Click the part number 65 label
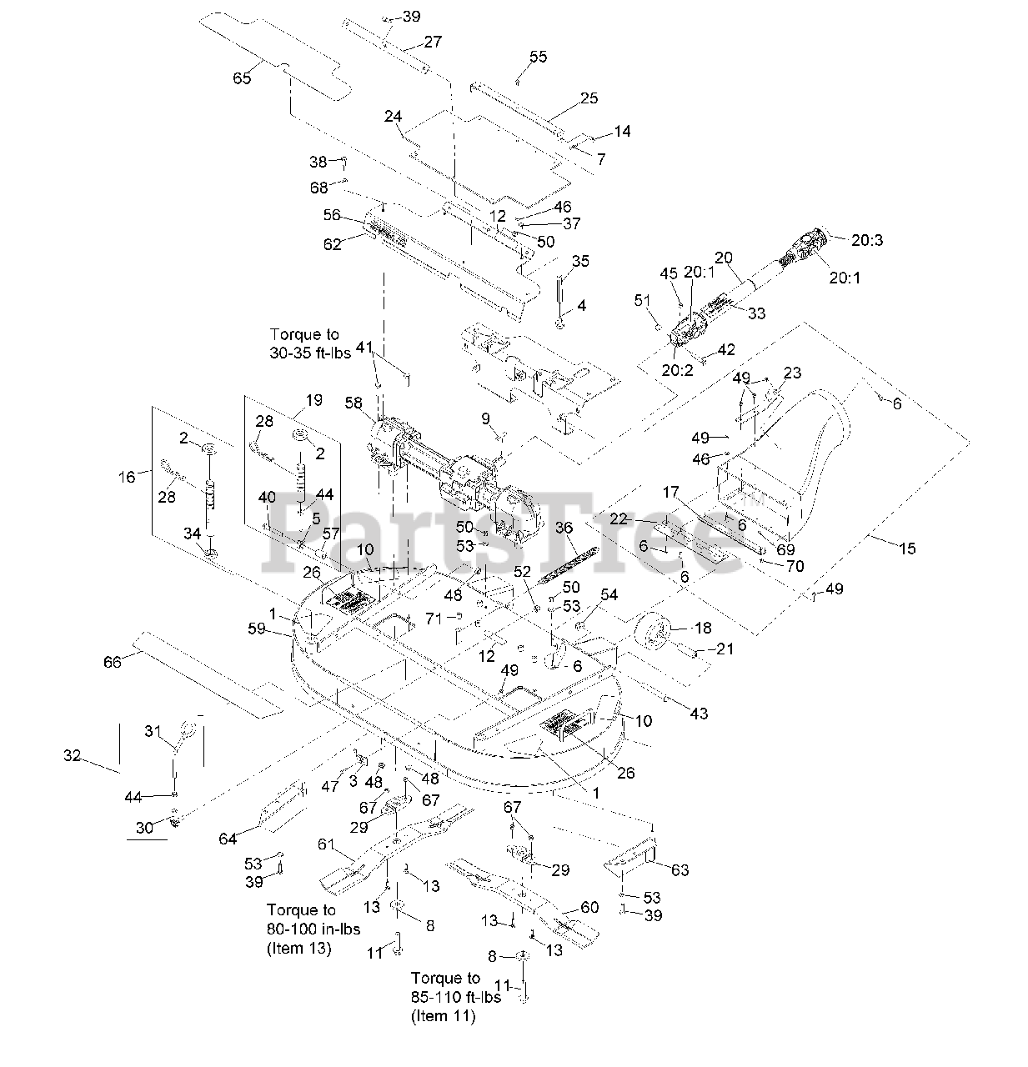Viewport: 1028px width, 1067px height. pos(241,78)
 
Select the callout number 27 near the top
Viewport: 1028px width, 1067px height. pos(433,42)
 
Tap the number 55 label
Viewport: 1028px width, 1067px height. pos(538,57)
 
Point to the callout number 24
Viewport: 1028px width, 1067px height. pos(394,116)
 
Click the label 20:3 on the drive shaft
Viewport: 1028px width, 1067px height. pos(867,240)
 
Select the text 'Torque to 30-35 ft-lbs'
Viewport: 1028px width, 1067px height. pos(304,343)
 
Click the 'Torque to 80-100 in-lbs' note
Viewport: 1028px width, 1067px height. pos(301,929)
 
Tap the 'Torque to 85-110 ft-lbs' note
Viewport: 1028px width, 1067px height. pos(456,997)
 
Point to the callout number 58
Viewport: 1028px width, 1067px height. pos(354,403)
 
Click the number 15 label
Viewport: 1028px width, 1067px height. pos(906,548)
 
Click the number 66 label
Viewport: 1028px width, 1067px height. pos(112,661)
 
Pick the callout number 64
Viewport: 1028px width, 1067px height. pos(228,838)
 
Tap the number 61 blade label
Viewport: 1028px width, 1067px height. pos(326,844)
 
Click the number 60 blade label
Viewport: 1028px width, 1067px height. pos(589,908)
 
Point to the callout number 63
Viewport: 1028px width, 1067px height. pos(679,870)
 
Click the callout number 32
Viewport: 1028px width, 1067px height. pos(73,756)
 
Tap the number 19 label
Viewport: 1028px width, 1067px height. pos(313,400)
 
